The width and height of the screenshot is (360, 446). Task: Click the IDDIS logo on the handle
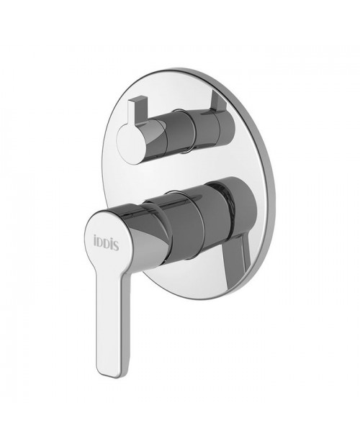tap(106, 244)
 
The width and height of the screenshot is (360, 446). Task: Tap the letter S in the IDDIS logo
tap(117, 245)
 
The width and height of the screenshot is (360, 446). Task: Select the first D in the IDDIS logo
tap(100, 245)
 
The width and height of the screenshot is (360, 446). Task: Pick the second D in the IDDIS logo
tap(107, 245)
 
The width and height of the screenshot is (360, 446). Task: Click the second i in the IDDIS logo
tap(112, 245)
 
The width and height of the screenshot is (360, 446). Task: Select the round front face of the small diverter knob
tap(132, 145)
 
